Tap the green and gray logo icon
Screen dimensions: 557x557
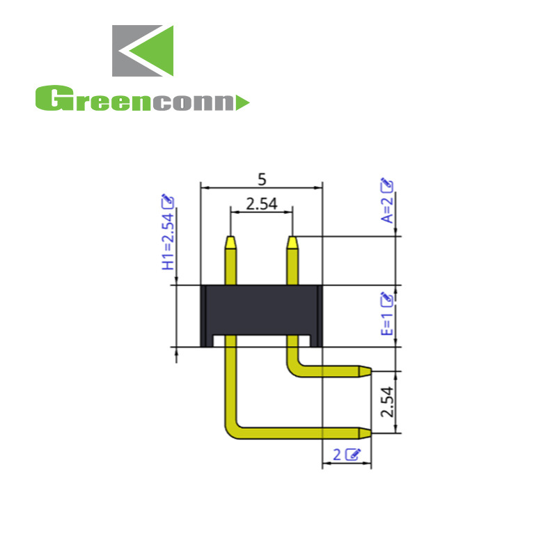pos(143,51)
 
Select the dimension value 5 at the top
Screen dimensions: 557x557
pos(262,179)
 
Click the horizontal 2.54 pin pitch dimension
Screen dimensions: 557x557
pos(261,204)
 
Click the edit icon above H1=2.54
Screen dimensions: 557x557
pos(168,201)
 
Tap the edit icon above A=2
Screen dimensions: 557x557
pos(387,185)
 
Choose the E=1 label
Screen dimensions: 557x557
pos(387,323)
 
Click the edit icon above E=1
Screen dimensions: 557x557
pos(387,299)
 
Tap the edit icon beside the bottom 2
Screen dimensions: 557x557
pos(354,455)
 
